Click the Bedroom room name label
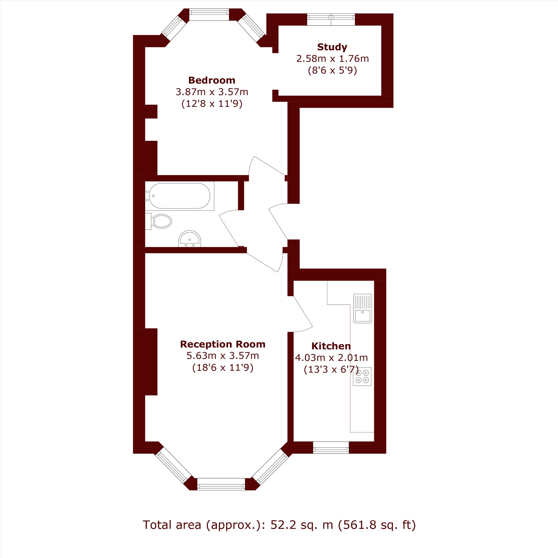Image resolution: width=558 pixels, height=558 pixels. tap(212, 80)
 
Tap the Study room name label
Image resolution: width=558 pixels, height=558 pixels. tap(332, 47)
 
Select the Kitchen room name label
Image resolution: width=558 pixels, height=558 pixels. tap(331, 346)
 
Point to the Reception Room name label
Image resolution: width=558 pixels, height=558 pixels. tap(223, 344)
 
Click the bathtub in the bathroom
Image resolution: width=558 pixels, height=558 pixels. tap(179, 196)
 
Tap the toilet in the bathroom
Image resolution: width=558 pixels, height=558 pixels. tap(158, 222)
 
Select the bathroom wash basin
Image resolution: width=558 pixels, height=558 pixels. tap(189, 239)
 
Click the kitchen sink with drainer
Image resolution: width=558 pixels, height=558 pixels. tap(362, 309)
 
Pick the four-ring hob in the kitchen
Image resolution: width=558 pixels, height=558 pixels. tap(362, 376)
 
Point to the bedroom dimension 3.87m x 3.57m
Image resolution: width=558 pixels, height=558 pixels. tap(212, 92)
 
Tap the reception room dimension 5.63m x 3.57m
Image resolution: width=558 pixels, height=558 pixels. tap(223, 356)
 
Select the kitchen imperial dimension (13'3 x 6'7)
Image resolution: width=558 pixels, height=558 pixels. tap(331, 370)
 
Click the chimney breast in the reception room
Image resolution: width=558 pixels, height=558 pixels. tap(151, 362)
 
